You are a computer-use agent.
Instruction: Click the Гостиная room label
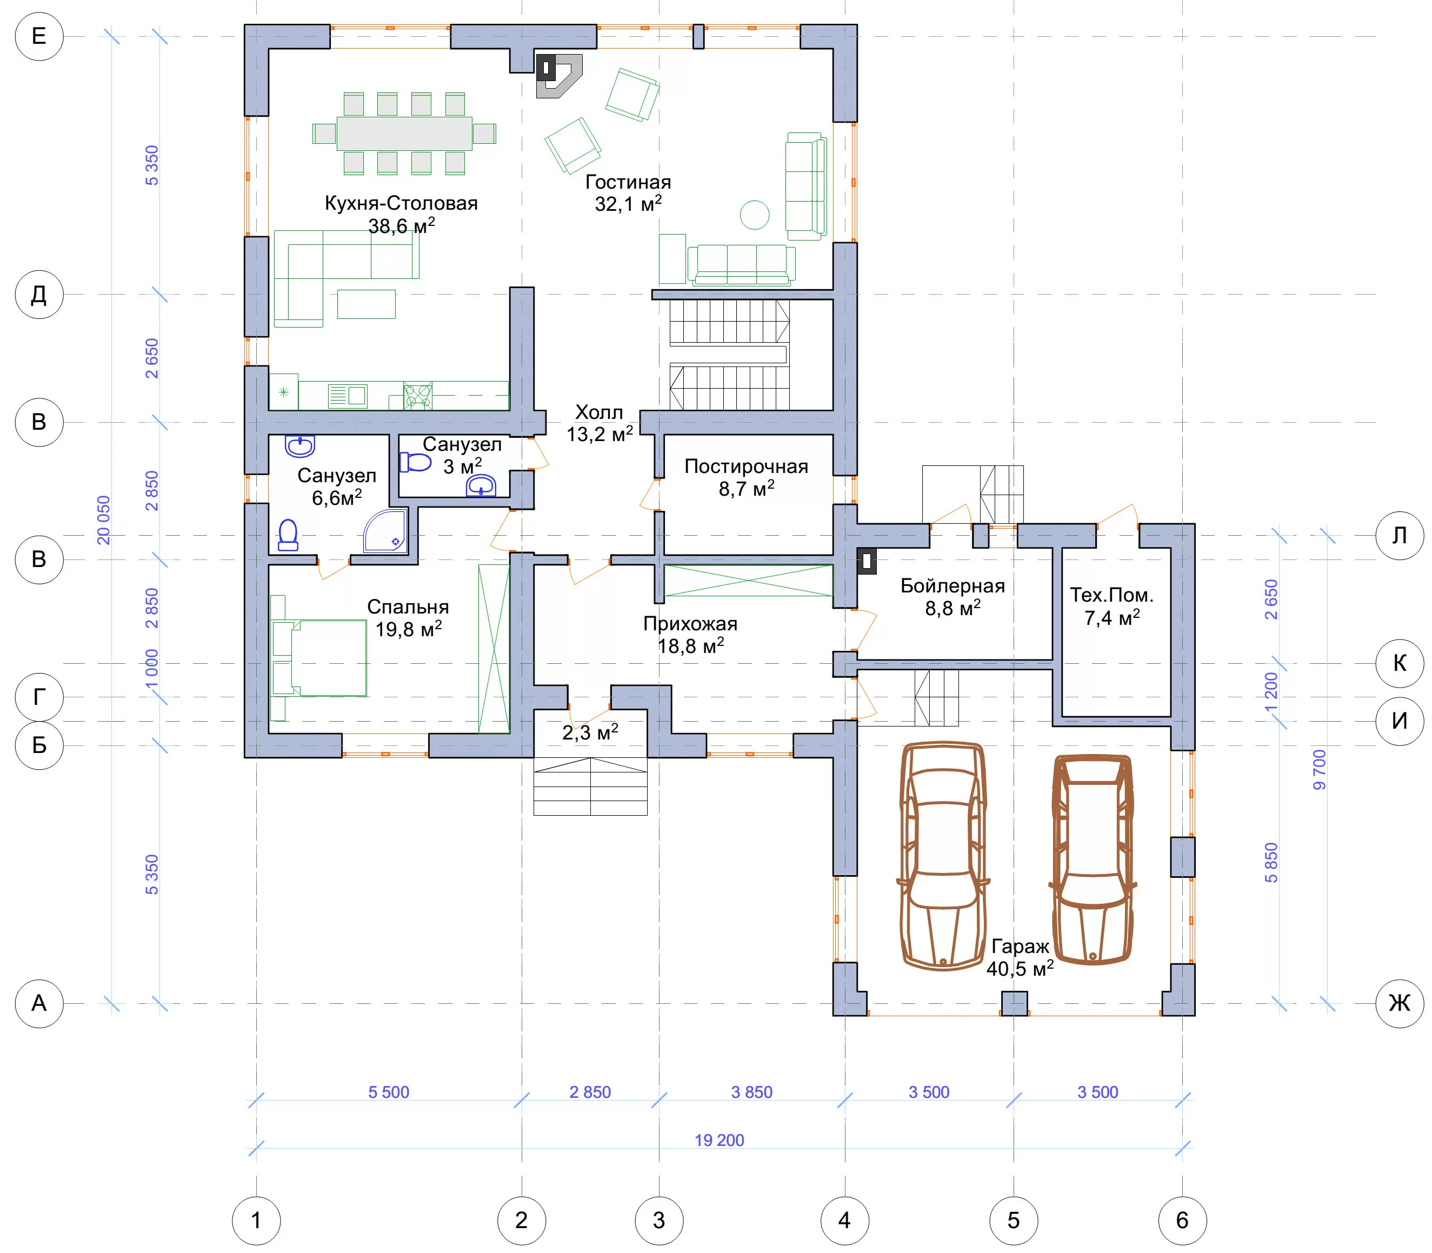click(628, 192)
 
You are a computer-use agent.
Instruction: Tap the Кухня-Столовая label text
click(401, 203)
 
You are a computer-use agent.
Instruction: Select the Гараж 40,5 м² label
click(1020, 957)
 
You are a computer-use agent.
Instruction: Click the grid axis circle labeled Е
click(39, 36)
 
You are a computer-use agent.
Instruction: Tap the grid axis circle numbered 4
click(844, 1220)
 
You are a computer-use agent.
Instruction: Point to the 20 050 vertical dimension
click(103, 519)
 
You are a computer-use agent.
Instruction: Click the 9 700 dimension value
click(1320, 769)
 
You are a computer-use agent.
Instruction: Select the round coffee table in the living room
click(755, 215)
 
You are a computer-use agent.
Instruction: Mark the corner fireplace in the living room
click(558, 76)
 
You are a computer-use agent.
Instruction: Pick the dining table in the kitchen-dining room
click(404, 133)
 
